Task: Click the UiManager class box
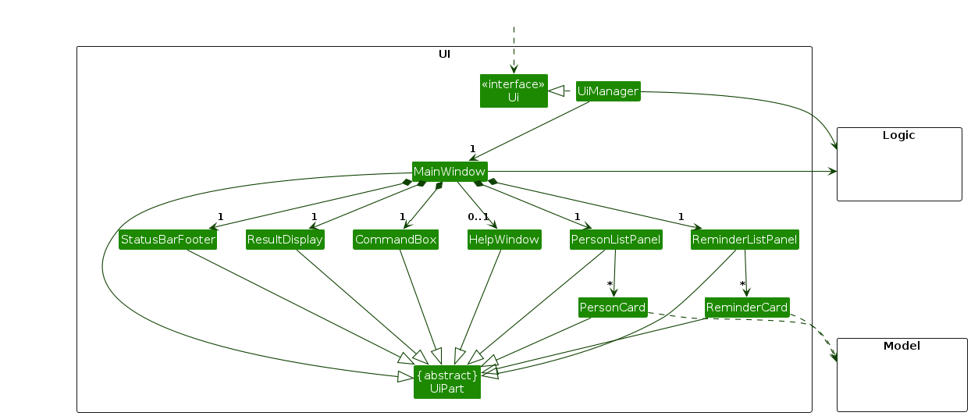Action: click(608, 91)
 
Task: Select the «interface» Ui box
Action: click(514, 91)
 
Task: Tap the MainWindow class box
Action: click(450, 171)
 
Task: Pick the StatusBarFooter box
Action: click(168, 240)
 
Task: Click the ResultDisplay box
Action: click(285, 240)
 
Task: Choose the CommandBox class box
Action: click(396, 240)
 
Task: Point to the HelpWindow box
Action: click(504, 240)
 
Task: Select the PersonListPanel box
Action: click(616, 240)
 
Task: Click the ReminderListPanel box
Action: click(745, 240)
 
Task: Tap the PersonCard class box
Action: click(613, 308)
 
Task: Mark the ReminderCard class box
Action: click(746, 308)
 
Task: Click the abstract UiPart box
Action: click(447, 382)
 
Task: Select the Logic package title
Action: click(898, 135)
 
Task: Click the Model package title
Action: click(902, 346)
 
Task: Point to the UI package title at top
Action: click(444, 55)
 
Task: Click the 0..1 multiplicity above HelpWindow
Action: click(478, 216)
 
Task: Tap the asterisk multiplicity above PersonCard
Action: click(610, 284)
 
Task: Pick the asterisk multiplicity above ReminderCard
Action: click(742, 284)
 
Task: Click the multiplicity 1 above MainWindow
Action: click(472, 148)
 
